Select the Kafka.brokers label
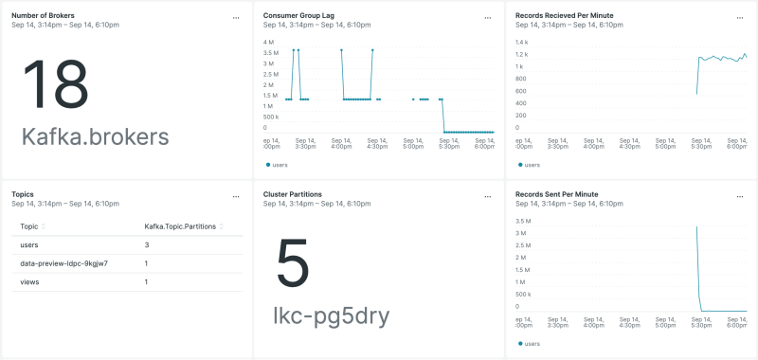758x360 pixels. tap(95, 136)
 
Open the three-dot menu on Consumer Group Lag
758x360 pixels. tap(487, 18)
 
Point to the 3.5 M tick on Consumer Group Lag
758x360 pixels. tap(269, 53)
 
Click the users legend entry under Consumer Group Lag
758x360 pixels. tap(280, 164)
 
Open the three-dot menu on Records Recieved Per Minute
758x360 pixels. tap(739, 18)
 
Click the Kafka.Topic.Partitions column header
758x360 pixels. tap(182, 226)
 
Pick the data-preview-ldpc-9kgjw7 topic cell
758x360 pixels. tap(63, 263)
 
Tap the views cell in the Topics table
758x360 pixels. tap(29, 281)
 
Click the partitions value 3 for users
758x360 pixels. tap(147, 245)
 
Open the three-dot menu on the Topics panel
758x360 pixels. tap(235, 196)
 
